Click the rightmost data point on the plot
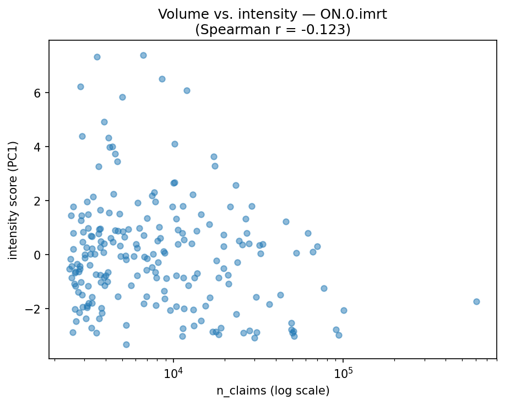(x=476, y=301)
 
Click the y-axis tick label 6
(x=37, y=93)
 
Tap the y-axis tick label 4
(x=37, y=147)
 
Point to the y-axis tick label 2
(x=37, y=201)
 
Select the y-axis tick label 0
(x=37, y=255)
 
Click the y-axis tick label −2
(x=34, y=309)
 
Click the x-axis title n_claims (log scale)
(x=273, y=391)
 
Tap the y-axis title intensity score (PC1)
(x=13, y=200)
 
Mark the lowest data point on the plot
(x=126, y=344)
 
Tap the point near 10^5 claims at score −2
(x=344, y=310)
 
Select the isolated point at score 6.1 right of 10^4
(x=187, y=90)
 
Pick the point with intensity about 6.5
(x=162, y=79)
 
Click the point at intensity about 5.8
(x=122, y=97)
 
